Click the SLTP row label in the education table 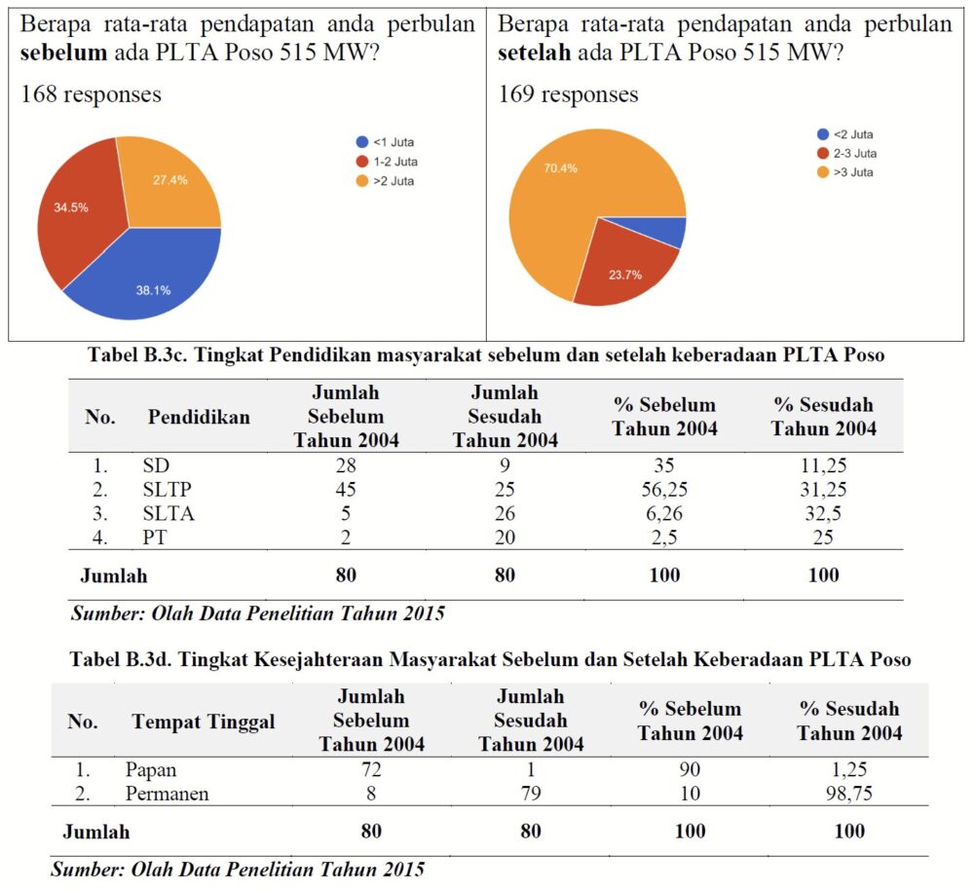167,489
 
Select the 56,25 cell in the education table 663,489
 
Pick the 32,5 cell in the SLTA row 823,513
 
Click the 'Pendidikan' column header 199,417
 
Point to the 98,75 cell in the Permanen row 848,794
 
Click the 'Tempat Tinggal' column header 203,722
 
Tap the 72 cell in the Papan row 370,769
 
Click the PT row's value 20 505,538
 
